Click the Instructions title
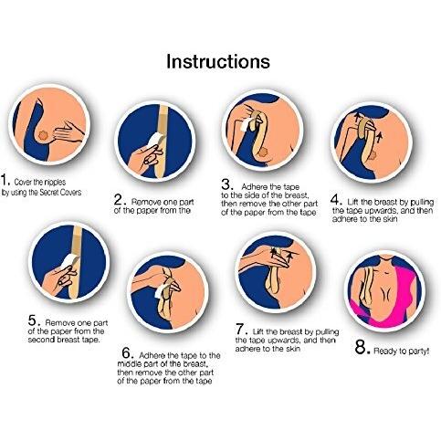218,61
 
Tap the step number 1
5,180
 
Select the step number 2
120,199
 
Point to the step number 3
227,184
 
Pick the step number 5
34,320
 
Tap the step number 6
128,352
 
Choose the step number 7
242,329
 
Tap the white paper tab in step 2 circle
156,141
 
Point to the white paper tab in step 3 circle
247,124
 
